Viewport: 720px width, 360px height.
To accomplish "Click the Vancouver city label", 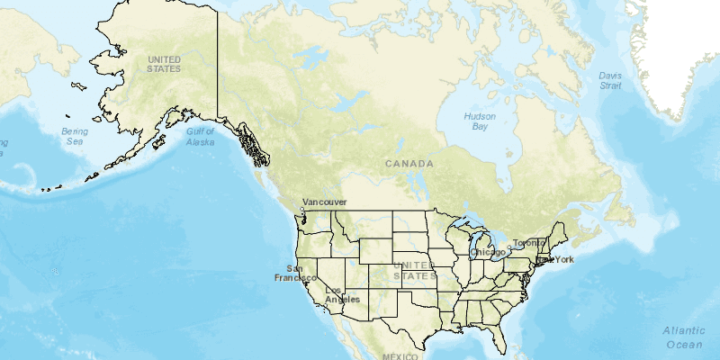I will (x=325, y=202).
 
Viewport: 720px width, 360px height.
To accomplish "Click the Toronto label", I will (x=529, y=243).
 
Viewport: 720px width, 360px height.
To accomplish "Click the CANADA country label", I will (x=409, y=164).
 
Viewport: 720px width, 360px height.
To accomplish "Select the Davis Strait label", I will (x=610, y=80).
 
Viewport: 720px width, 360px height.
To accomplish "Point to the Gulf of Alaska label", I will (x=200, y=137).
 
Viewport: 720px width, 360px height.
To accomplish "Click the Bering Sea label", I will (x=74, y=137).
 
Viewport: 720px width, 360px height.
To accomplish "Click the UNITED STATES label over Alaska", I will (x=164, y=63).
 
